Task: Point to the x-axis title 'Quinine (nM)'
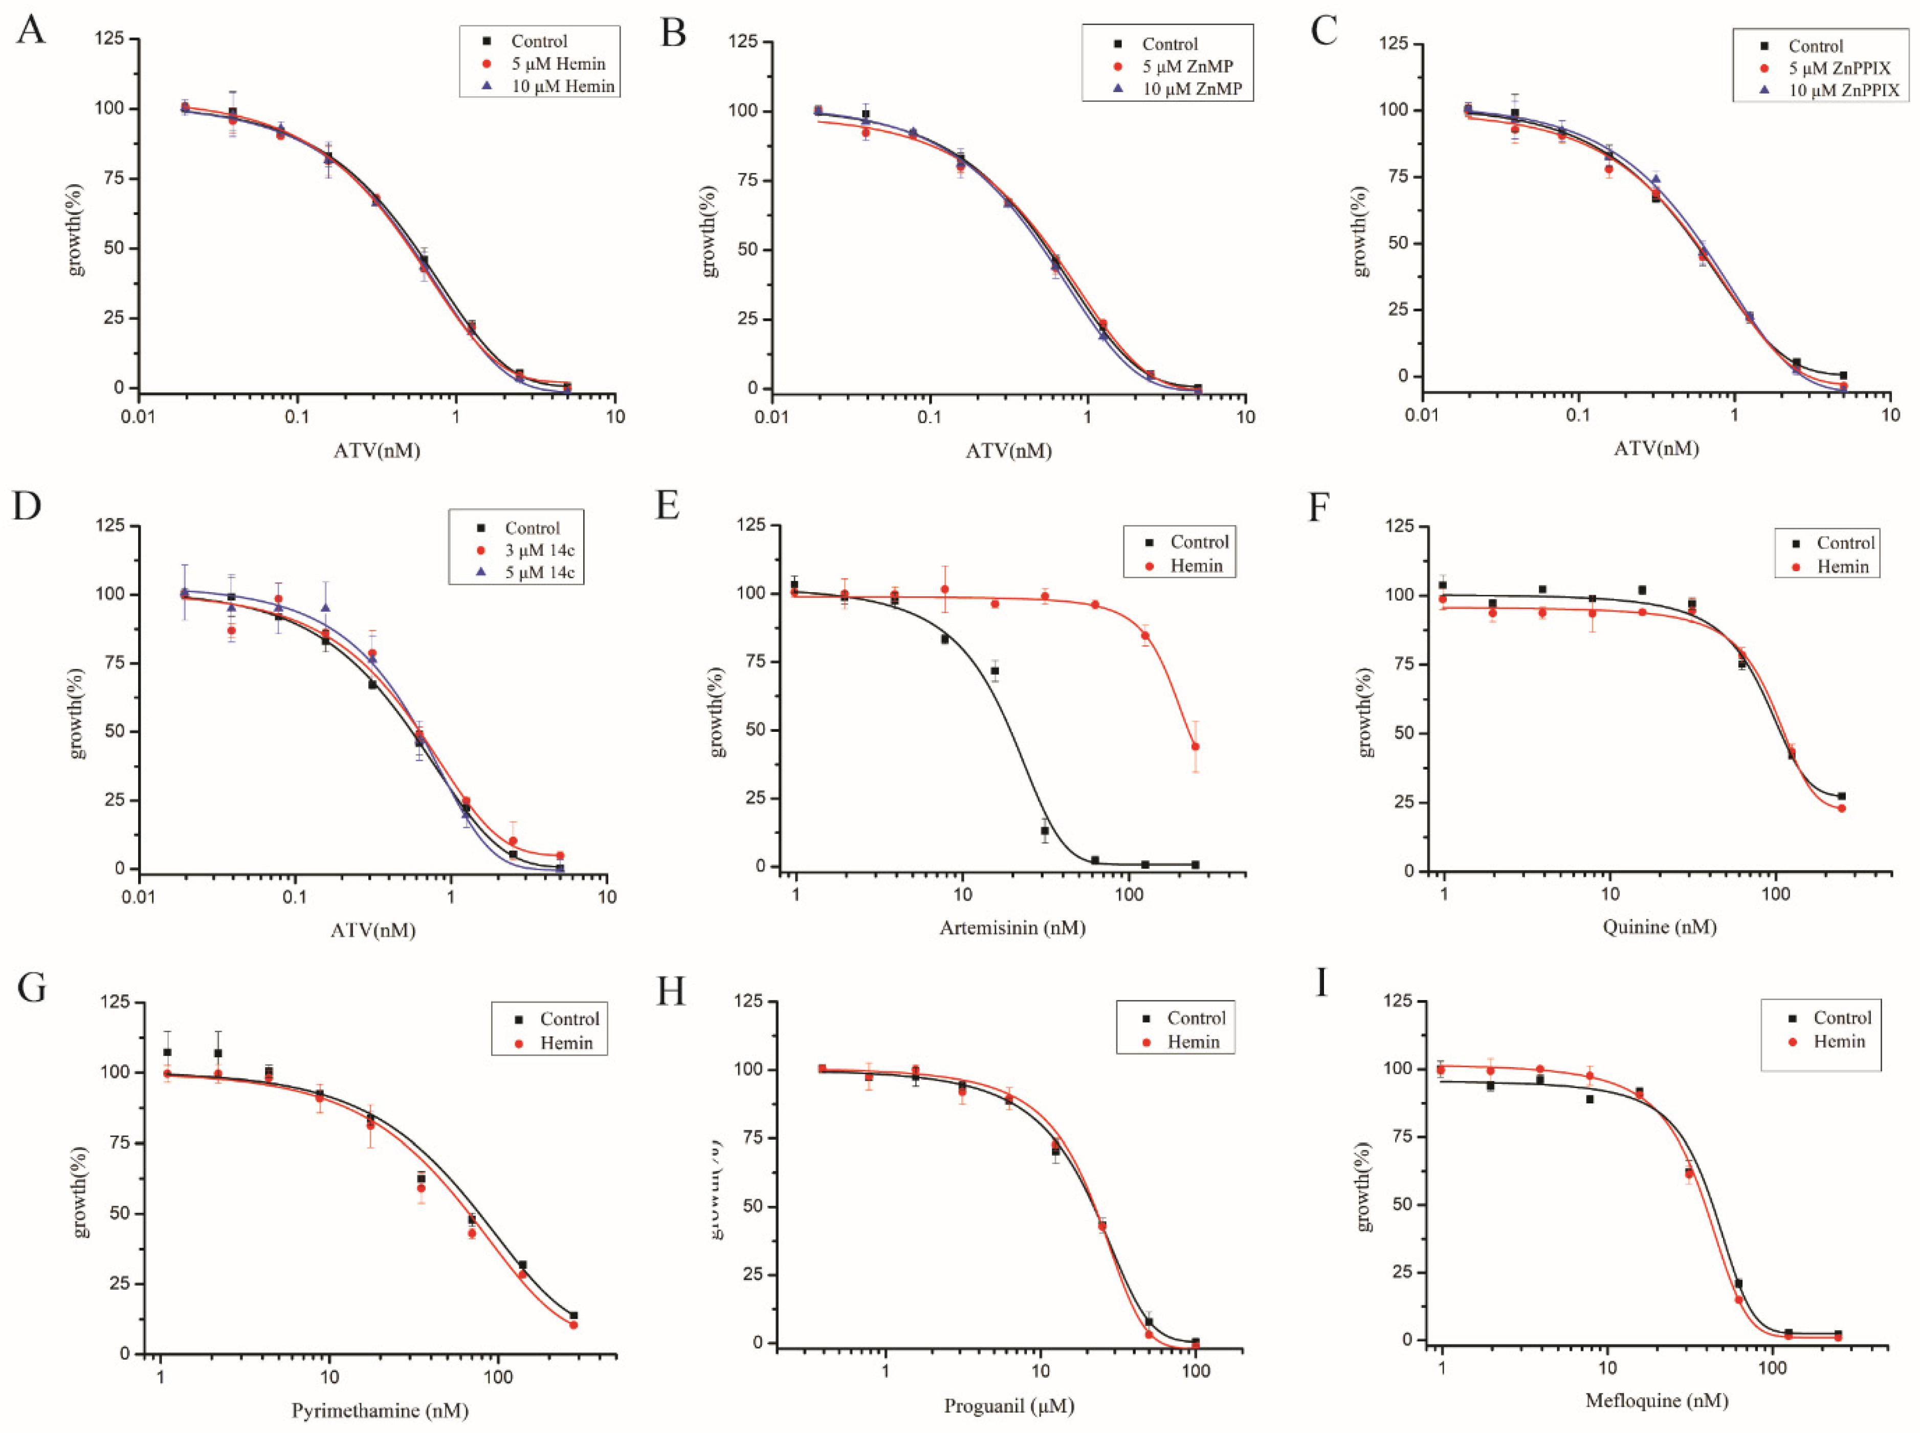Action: coord(1659,927)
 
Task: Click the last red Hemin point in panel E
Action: coord(1195,747)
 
